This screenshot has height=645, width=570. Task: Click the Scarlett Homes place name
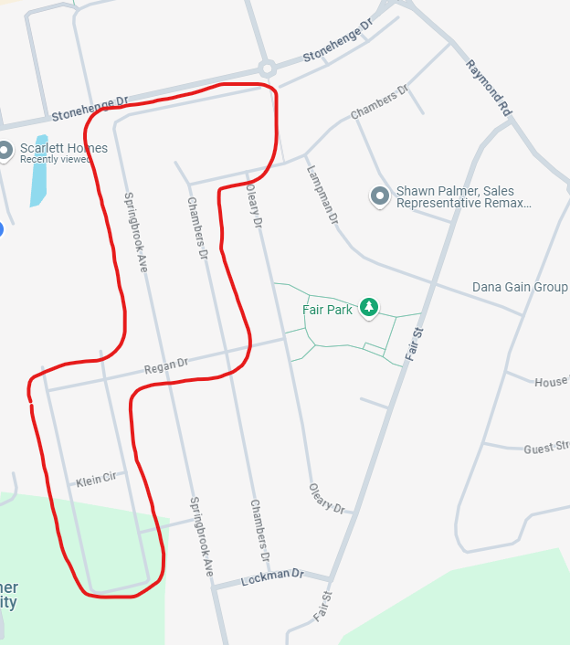(x=64, y=148)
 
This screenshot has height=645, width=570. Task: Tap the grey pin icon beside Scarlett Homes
(x=5, y=150)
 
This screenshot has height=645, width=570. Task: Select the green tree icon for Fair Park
(x=369, y=308)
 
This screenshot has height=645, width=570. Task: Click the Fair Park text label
(x=327, y=311)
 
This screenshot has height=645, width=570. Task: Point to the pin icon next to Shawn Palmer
(x=380, y=196)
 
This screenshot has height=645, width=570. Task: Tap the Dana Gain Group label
(x=520, y=287)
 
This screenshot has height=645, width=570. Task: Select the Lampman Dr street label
(x=322, y=195)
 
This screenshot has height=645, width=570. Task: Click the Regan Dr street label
(x=165, y=367)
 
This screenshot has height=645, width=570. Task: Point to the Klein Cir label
(x=96, y=480)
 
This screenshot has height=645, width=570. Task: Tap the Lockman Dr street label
(x=271, y=577)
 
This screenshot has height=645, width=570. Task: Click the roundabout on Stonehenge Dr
(x=267, y=68)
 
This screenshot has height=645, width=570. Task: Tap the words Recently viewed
(x=56, y=160)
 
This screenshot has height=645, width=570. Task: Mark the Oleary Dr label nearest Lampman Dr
(x=254, y=209)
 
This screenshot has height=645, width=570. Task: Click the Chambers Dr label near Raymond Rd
(x=379, y=103)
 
